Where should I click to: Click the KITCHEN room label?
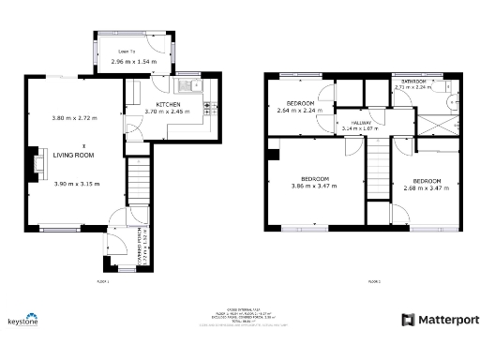(168, 104)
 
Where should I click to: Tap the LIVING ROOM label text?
(67, 156)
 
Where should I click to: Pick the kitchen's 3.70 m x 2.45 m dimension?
(168, 112)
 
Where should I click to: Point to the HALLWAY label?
(362, 123)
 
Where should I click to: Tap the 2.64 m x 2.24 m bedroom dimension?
(300, 110)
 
